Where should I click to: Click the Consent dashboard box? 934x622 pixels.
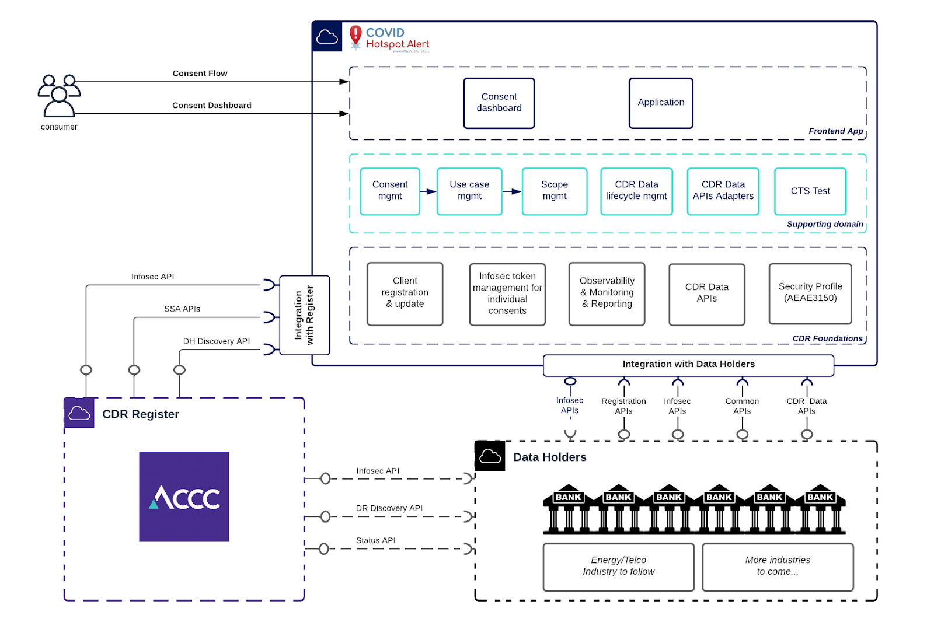[499, 103]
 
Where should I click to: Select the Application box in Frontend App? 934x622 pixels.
[661, 103]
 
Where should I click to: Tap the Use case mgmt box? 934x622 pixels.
[469, 191]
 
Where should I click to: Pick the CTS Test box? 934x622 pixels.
[810, 191]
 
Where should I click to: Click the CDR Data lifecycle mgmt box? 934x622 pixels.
[636, 191]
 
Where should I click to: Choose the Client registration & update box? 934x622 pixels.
[405, 293]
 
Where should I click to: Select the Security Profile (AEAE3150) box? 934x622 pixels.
[810, 293]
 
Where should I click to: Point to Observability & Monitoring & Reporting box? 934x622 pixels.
[607, 293]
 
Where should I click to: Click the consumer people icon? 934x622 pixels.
[58, 96]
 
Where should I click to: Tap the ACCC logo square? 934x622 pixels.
[184, 497]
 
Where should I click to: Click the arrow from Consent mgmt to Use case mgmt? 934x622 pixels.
[428, 191]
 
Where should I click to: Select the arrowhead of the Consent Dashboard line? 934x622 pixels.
[344, 113]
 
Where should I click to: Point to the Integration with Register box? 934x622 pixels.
[305, 315]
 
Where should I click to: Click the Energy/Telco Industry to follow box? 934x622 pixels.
[619, 567]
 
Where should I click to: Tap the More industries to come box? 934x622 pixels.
[778, 567]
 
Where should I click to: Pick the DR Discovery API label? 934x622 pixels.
[389, 508]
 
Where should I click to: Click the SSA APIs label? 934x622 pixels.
[182, 309]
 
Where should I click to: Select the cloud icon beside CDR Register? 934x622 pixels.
[79, 413]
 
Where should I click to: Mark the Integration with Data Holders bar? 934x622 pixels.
[688, 365]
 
